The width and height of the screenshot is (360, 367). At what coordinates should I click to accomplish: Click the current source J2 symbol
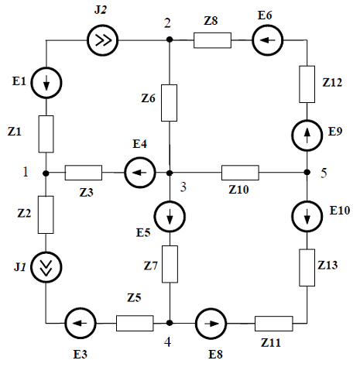pyautogui.click(x=102, y=40)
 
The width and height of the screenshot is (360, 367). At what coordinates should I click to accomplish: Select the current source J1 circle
pyautogui.click(x=46, y=267)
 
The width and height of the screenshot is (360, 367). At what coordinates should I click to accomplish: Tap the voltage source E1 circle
pyautogui.click(x=46, y=83)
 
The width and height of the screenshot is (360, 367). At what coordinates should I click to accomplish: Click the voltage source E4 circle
pyautogui.click(x=140, y=173)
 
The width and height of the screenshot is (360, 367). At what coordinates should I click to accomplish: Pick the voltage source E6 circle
pyautogui.click(x=268, y=40)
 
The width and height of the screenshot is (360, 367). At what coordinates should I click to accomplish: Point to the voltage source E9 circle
pyautogui.click(x=307, y=135)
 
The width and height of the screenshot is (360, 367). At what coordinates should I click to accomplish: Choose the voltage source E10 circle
pyautogui.click(x=307, y=216)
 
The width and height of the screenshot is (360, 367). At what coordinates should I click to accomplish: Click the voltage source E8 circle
pyautogui.click(x=211, y=323)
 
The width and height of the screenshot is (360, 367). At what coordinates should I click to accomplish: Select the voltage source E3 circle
pyautogui.click(x=81, y=323)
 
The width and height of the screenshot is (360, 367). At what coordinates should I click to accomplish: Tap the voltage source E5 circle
pyautogui.click(x=170, y=216)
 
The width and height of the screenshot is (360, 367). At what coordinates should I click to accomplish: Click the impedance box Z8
pyautogui.click(x=212, y=40)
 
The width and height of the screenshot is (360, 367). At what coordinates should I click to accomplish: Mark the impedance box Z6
pyautogui.click(x=169, y=103)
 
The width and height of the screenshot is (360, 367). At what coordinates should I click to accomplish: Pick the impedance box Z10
pyautogui.click(x=240, y=173)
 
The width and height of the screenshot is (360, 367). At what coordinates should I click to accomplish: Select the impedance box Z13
pyautogui.click(x=307, y=268)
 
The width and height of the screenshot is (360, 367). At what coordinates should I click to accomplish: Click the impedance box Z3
pyautogui.click(x=84, y=173)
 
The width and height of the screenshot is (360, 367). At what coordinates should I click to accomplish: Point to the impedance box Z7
pyautogui.click(x=170, y=264)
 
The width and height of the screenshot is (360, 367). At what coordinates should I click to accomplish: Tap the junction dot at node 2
pyautogui.click(x=170, y=39)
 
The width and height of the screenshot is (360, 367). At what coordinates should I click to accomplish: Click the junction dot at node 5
pyautogui.click(x=307, y=172)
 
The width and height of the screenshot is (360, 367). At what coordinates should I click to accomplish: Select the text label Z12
pyautogui.click(x=332, y=82)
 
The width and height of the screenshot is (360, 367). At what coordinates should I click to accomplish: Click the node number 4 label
pyautogui.click(x=167, y=342)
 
